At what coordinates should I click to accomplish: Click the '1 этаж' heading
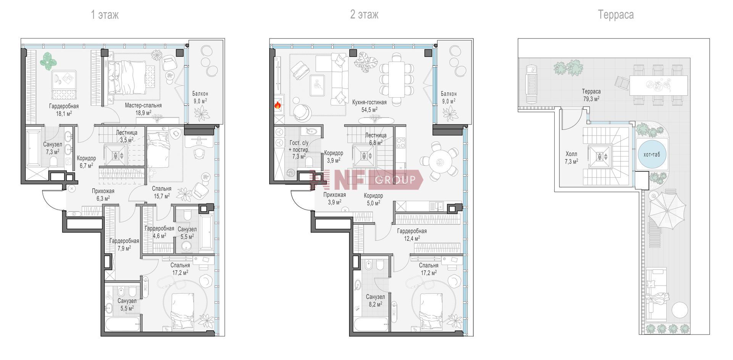coord(105,15)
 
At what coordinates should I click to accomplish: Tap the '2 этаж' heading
coord(365,15)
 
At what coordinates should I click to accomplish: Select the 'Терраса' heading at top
coord(616,15)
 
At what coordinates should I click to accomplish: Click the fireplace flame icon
coord(278,105)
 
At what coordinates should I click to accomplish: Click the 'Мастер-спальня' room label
coord(143,105)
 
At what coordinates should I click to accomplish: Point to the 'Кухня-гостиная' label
coord(369,102)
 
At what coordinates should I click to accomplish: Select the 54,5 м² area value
coord(369,109)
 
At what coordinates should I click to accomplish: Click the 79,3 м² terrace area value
coord(591,98)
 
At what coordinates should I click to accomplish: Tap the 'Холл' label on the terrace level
coord(571,154)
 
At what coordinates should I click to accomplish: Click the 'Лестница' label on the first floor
coord(126,132)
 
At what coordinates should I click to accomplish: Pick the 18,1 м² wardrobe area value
coord(64,113)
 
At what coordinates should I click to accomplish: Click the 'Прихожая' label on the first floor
coord(103,191)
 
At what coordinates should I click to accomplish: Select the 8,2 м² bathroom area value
coord(375,304)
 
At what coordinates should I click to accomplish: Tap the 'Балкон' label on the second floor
coord(449,94)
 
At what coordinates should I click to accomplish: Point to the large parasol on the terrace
coord(667,211)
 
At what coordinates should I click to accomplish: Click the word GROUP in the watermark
coord(396,180)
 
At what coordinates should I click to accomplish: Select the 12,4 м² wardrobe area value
coord(412,238)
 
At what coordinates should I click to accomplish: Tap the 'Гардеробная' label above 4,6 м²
coord(159,229)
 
